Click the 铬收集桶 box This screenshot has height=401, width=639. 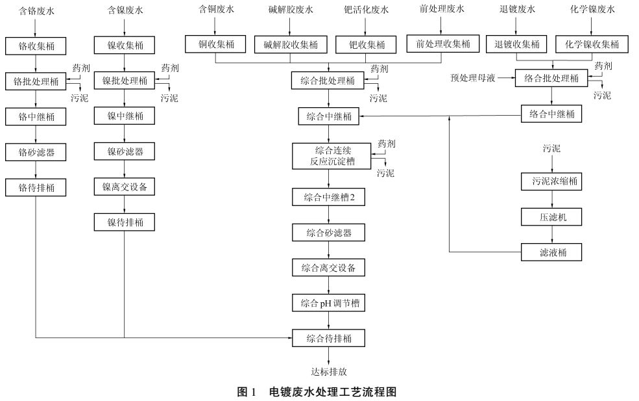[36, 45]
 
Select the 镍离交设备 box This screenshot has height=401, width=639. [124, 187]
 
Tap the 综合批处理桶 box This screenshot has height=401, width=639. [328, 81]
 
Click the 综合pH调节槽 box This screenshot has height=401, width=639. [328, 303]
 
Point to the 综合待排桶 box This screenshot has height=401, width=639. [328, 339]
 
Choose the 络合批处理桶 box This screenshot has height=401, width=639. [551, 79]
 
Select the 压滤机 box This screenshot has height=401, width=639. [551, 217]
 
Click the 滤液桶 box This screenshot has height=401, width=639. [551, 252]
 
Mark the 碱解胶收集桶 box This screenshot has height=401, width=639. [290, 45]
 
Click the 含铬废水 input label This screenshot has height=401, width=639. [36, 10]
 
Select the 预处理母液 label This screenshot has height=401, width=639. [473, 79]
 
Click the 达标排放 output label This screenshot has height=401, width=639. [328, 372]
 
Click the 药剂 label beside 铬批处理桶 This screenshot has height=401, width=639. [81, 68]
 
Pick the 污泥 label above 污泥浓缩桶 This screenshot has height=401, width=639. [551, 149]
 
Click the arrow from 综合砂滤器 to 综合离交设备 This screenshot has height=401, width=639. [328, 250]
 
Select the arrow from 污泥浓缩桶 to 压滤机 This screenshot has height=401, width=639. [551, 200]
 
